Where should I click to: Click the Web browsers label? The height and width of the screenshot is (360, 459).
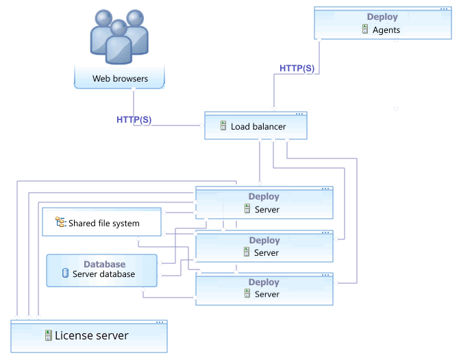pos(120,79)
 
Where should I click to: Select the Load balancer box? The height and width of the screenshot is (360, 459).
pos(256,127)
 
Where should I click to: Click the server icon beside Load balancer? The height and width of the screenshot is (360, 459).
pos(223,126)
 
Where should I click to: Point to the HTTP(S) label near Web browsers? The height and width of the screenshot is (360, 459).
pos(134,119)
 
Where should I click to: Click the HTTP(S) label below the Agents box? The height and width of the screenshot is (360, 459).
pos(297,68)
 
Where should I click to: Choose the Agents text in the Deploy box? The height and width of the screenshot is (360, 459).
pos(386,29)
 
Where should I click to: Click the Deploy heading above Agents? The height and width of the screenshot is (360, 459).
pos(382,17)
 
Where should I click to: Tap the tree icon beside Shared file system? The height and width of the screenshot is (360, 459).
pos(60,222)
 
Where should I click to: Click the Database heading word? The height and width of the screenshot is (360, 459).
pos(104,264)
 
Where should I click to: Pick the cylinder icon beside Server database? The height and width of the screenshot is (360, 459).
pos(66,274)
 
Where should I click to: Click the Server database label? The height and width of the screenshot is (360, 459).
pos(103,274)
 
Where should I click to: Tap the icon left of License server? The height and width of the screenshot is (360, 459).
pos(49,335)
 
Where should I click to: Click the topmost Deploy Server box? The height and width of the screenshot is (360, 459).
pos(264,203)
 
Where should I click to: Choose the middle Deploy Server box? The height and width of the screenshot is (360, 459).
pos(264,247)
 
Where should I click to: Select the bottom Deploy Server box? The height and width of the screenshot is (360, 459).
pos(264,288)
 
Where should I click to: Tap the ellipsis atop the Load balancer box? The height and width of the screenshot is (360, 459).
pos(299,113)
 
